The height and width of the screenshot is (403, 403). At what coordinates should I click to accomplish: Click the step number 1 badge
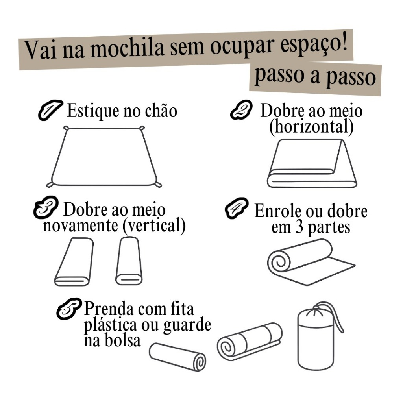(50, 110)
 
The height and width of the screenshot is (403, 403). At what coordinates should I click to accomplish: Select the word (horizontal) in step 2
(311, 127)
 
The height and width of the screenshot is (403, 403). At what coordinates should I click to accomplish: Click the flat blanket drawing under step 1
(104, 157)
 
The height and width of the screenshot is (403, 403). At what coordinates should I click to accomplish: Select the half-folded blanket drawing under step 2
(311, 163)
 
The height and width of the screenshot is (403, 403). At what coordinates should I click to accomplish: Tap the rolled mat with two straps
(249, 341)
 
